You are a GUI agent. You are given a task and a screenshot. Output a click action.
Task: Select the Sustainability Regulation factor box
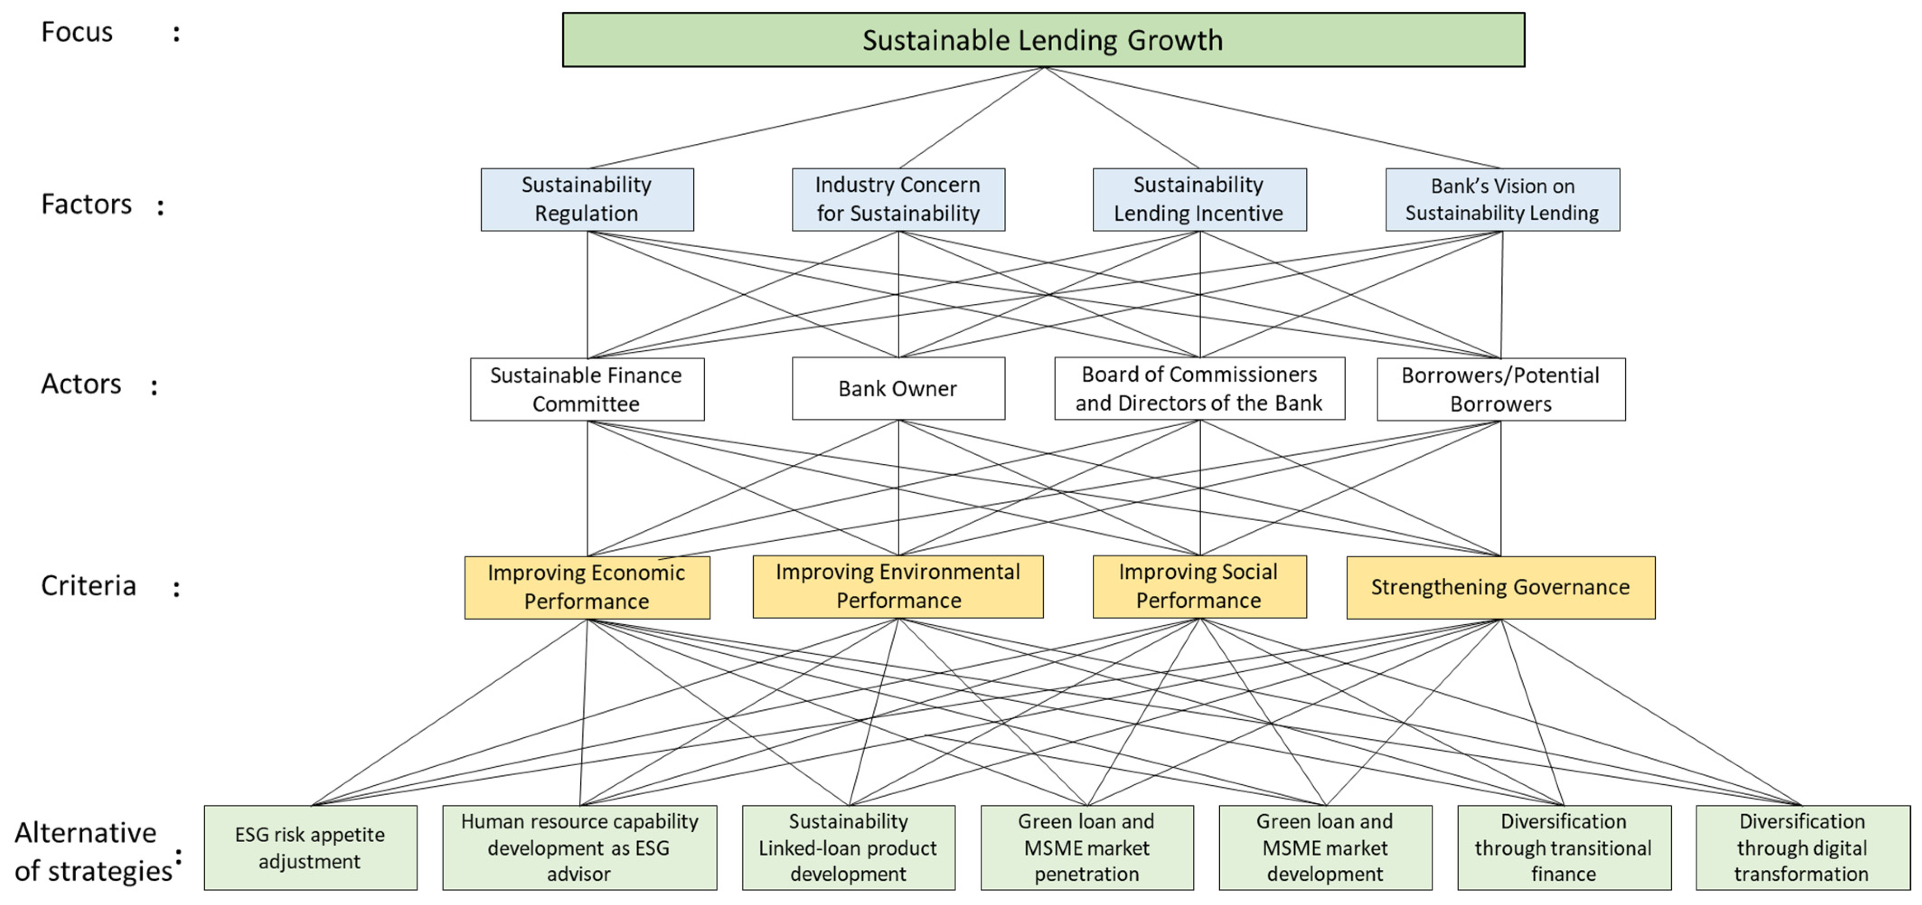587,199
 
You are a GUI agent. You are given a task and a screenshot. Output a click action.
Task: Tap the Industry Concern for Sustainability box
898,199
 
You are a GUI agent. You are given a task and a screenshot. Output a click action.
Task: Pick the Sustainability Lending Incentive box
1199,199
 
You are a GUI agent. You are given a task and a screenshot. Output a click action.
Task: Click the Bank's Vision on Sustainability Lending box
1502,199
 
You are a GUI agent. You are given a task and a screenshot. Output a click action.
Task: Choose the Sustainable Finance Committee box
587,389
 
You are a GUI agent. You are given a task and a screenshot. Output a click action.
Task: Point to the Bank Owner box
898,389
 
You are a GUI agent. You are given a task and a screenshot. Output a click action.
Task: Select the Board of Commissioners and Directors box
1199,389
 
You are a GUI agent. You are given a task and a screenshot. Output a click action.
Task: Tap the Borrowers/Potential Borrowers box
1500,389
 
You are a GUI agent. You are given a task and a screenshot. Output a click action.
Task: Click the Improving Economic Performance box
587,587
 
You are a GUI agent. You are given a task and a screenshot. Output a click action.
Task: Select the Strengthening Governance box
1500,587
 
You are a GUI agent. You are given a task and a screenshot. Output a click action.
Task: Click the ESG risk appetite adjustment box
310,848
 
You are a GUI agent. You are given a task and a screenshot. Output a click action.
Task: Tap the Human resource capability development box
579,848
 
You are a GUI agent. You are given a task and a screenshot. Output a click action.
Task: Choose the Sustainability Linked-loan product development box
848,848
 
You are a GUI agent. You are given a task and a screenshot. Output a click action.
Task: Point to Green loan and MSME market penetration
1086,848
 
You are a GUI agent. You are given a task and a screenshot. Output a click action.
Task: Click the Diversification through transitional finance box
1564,848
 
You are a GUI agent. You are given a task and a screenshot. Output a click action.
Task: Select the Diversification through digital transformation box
1802,848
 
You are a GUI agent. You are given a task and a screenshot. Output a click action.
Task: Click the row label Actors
81,384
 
